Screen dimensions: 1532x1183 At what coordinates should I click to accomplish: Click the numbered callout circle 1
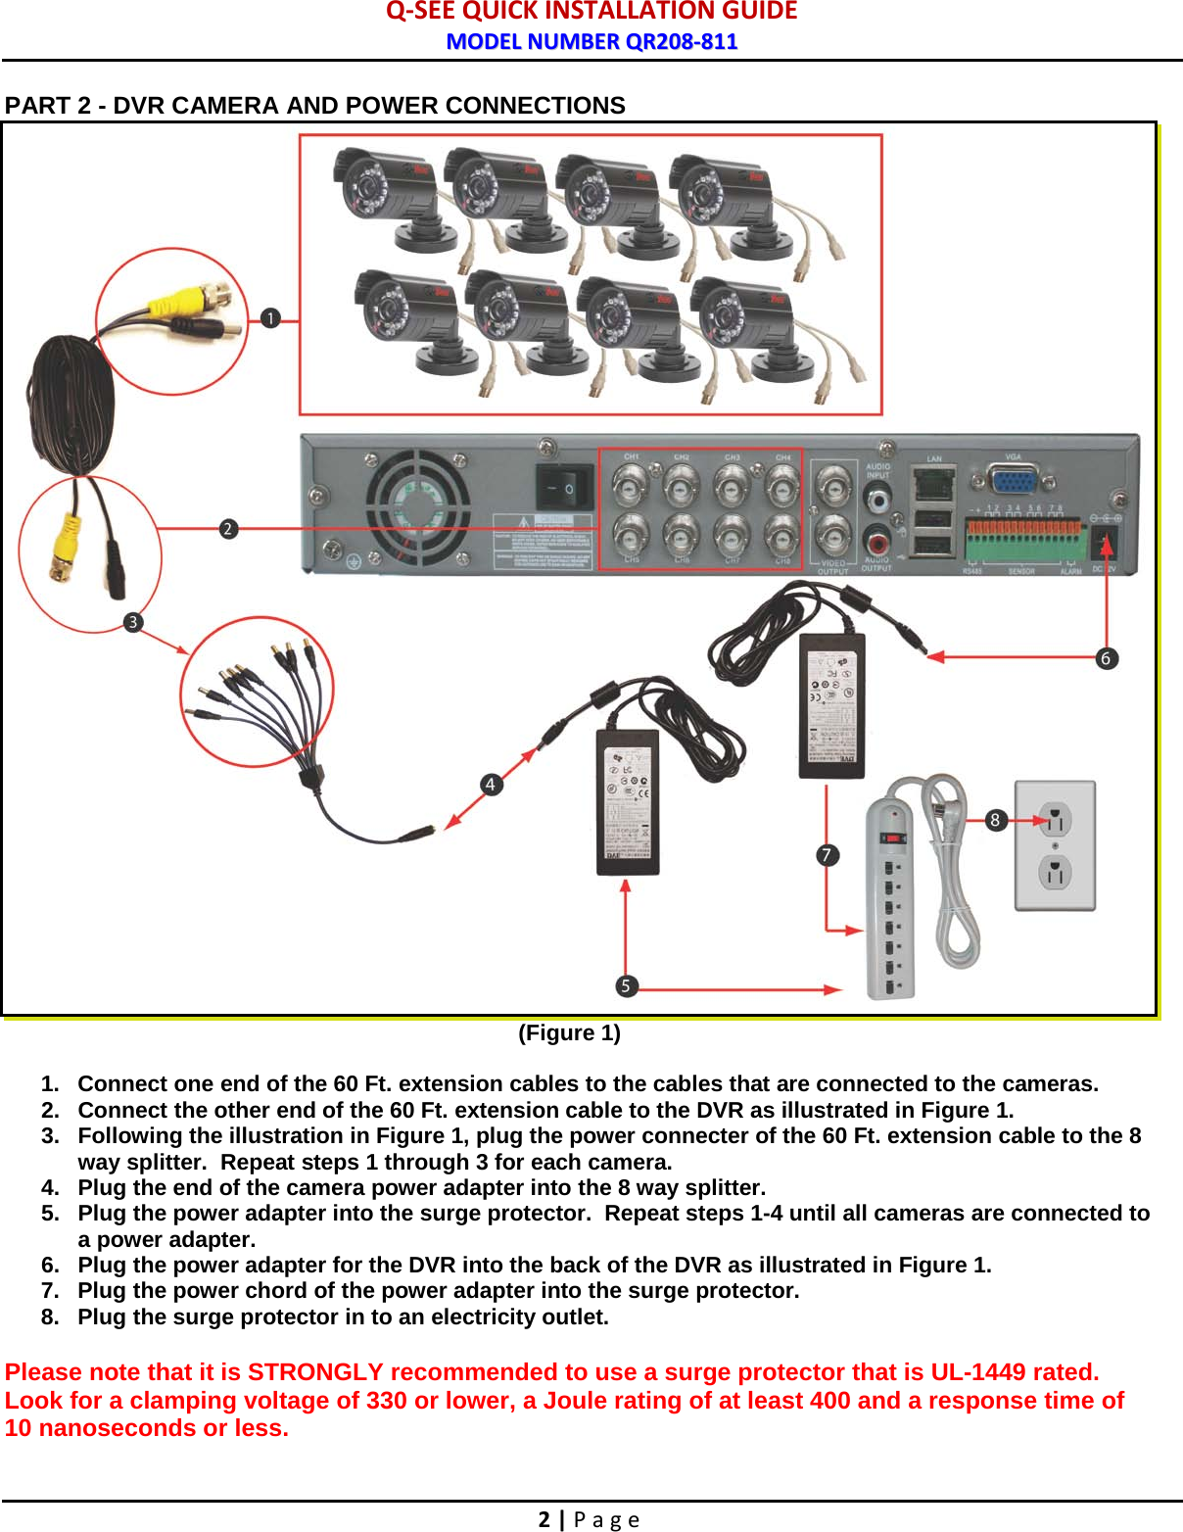pyautogui.click(x=270, y=318)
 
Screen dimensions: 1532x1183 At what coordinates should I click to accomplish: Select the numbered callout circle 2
pyautogui.click(x=228, y=529)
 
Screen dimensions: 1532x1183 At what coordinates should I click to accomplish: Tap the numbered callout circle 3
pyautogui.click(x=133, y=622)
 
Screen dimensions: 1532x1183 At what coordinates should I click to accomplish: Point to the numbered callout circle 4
pyautogui.click(x=491, y=784)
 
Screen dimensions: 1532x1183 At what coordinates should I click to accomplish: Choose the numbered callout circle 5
pyautogui.click(x=626, y=985)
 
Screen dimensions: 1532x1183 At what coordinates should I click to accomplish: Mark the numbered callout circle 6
pyautogui.click(x=1106, y=658)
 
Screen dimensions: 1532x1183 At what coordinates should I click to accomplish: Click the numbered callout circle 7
pyautogui.click(x=827, y=855)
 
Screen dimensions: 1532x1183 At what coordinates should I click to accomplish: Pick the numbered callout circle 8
pyautogui.click(x=995, y=820)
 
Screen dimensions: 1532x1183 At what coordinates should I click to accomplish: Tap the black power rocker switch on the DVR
pyautogui.click(x=565, y=487)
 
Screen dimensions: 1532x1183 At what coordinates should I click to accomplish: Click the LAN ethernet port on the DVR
pyautogui.click(x=932, y=483)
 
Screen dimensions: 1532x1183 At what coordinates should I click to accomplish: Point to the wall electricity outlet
pyautogui.click(x=1055, y=845)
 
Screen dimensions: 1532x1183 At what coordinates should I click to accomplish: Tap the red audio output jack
pyautogui.click(x=876, y=540)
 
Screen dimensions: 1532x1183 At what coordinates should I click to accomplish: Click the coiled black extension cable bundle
pyautogui.click(x=72, y=404)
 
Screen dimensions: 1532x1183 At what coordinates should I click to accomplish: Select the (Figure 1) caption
pyautogui.click(x=569, y=1032)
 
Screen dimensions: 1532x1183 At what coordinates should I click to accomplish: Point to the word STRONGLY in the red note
pyautogui.click(x=314, y=1371)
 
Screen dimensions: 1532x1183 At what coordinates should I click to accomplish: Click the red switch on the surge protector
pyautogui.click(x=892, y=838)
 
